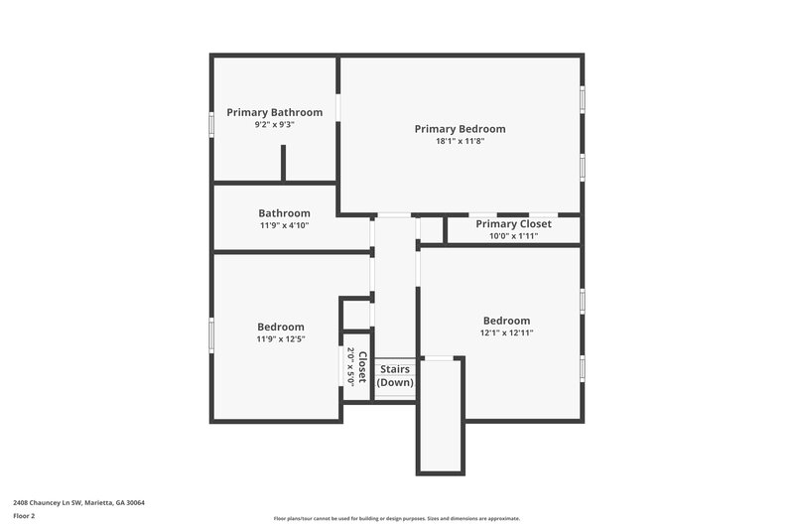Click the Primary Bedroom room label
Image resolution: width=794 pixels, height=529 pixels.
[460, 129]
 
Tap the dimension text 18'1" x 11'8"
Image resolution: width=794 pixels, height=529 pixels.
[460, 142]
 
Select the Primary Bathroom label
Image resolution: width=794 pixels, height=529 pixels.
[275, 113]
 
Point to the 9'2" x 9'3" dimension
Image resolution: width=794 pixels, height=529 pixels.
[275, 125]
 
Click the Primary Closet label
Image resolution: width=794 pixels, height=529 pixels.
[513, 224]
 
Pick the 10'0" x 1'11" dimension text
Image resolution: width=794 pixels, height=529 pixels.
[513, 236]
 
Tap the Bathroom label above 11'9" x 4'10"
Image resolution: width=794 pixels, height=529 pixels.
[284, 213]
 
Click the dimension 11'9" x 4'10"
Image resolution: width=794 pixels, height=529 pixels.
[284, 225]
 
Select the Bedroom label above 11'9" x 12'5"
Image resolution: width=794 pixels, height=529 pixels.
[281, 327]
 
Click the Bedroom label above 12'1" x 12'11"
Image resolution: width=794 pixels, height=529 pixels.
[506, 321]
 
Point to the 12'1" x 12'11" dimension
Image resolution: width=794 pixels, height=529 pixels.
[506, 333]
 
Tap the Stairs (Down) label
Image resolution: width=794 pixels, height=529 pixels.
[395, 376]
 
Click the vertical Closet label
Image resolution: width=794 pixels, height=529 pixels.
[363, 367]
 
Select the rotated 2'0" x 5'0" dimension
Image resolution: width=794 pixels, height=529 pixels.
[350, 366]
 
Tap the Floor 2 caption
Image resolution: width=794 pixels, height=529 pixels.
[25, 516]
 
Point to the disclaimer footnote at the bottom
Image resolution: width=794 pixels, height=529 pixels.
[396, 518]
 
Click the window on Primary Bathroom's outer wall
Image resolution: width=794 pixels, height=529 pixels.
[211, 124]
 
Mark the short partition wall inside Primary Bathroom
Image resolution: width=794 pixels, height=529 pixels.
[284, 164]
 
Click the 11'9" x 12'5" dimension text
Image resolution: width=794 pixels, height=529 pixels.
[281, 339]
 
